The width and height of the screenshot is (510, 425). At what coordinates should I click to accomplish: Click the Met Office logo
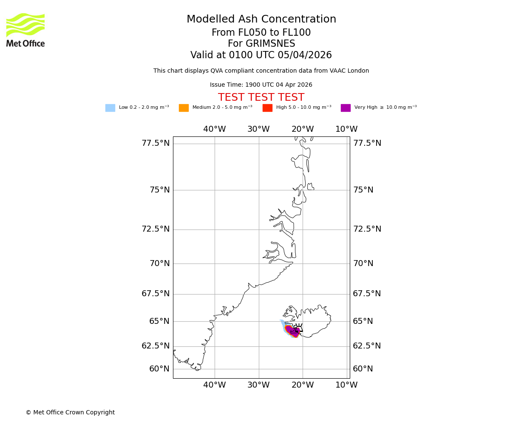[x=25, y=30]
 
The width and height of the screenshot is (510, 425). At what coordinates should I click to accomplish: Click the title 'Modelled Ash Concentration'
[x=261, y=20]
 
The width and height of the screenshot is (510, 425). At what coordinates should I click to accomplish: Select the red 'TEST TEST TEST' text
[x=261, y=98]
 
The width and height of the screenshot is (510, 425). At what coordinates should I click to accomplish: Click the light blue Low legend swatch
[x=110, y=108]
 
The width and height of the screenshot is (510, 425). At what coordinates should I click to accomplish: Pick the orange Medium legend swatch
[x=184, y=108]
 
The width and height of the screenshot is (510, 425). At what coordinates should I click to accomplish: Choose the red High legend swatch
[x=267, y=108]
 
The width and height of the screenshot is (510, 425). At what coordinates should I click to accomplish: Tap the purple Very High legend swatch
[x=346, y=108]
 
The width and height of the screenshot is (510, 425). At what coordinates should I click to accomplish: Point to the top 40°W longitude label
[x=214, y=129]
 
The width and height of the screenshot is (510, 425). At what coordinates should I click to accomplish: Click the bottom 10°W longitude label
[x=346, y=385]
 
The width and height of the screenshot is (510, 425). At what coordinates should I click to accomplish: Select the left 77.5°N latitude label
[x=156, y=143]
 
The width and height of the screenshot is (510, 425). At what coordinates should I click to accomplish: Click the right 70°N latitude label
[x=363, y=263]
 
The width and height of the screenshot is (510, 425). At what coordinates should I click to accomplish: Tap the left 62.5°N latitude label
[x=156, y=346]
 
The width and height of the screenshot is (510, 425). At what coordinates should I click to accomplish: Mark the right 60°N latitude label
[x=363, y=369]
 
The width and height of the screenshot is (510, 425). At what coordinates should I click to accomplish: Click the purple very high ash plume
[x=293, y=331]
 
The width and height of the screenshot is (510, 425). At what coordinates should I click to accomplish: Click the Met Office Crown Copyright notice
[x=70, y=413]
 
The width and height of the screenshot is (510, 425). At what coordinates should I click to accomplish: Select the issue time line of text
[x=261, y=85]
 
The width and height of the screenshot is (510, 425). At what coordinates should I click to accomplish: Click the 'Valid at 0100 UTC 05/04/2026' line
[x=261, y=55]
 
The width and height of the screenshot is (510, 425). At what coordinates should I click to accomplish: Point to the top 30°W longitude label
[x=258, y=129]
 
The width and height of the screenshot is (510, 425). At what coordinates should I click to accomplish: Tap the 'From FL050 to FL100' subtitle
[x=261, y=33]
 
